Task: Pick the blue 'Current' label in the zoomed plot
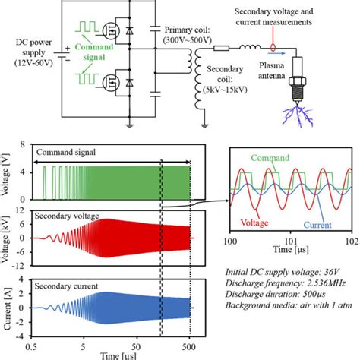(x=320, y=224)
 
